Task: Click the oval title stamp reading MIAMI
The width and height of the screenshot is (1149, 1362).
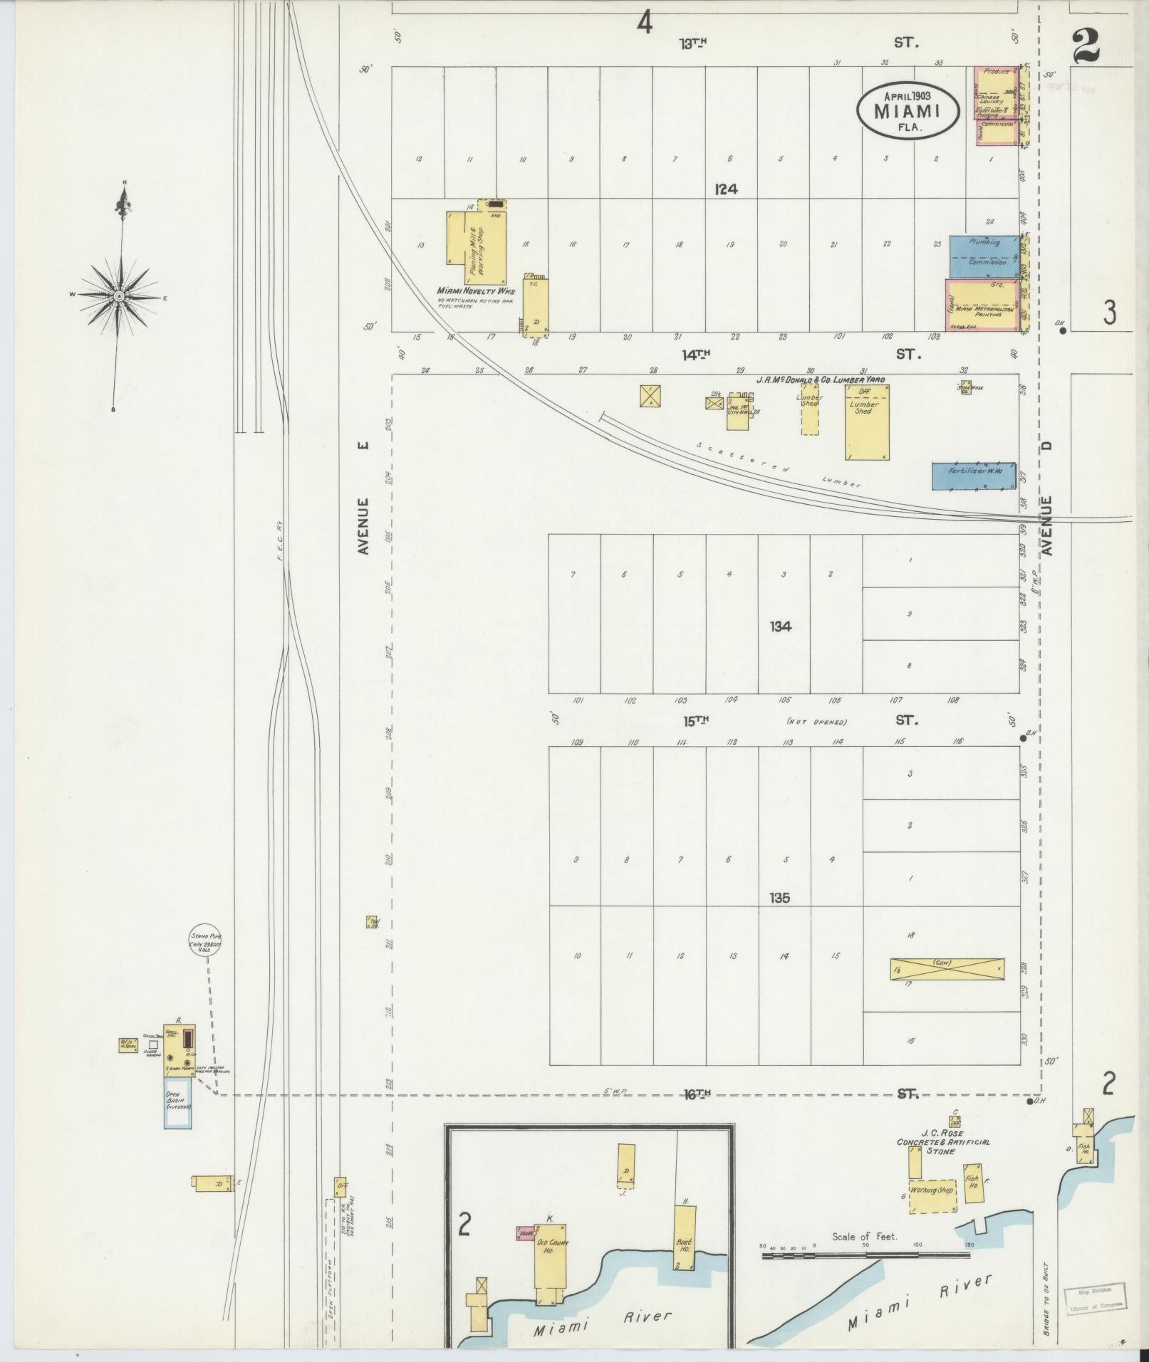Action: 908,110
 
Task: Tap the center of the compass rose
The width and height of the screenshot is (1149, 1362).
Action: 120,295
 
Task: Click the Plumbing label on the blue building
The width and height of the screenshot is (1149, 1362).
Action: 984,243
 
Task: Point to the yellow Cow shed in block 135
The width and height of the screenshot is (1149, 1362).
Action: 947,969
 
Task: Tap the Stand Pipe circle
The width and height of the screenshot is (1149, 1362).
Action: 206,941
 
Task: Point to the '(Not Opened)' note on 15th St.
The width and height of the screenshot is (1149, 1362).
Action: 816,722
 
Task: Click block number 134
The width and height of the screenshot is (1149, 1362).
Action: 780,627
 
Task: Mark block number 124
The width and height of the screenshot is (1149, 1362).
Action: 727,189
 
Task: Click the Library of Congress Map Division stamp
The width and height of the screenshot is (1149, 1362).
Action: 1096,1298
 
